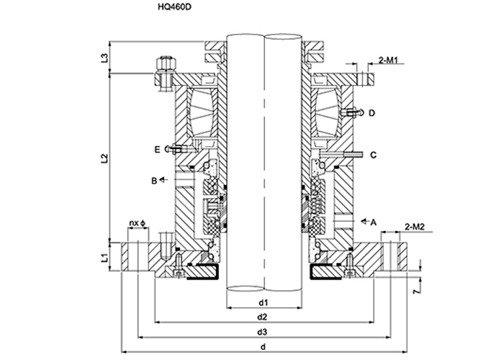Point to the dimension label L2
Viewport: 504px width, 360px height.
(105, 156)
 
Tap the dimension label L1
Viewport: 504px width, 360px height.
(105, 255)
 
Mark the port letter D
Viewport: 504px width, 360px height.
(372, 113)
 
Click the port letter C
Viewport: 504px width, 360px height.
(373, 155)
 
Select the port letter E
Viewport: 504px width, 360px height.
(156, 149)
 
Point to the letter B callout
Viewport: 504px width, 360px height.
(154, 181)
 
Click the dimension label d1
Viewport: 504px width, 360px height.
(264, 301)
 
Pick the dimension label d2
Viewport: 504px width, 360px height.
(264, 317)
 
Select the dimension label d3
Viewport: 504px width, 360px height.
(264, 332)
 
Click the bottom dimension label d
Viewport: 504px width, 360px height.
(264, 347)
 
